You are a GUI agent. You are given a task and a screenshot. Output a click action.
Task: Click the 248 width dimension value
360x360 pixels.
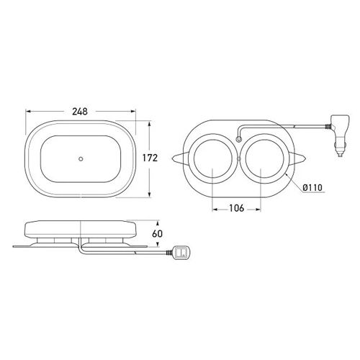click(x=80, y=112)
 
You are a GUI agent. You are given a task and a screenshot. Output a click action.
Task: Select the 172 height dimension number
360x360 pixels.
click(x=150, y=158)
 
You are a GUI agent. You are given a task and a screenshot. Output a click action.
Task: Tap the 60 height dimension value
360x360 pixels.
click(x=158, y=233)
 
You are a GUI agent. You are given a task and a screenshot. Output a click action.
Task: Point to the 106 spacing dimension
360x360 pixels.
click(x=237, y=208)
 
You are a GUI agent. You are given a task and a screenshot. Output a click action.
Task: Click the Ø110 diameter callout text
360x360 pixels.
click(x=312, y=187)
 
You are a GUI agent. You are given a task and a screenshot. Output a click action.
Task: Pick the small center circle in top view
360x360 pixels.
click(x=81, y=158)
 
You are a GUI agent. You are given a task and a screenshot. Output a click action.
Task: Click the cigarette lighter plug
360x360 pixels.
click(x=338, y=135)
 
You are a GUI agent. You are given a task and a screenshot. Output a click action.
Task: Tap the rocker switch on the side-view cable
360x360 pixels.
click(x=181, y=253)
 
